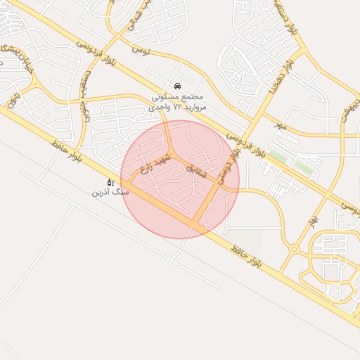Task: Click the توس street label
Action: (x=141, y=51)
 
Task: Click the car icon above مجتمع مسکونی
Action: (x=176, y=85)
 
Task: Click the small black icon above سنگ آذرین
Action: (x=110, y=181)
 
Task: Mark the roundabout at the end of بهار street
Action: (x=294, y=249)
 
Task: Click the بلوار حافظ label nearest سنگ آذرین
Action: (x=67, y=152)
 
